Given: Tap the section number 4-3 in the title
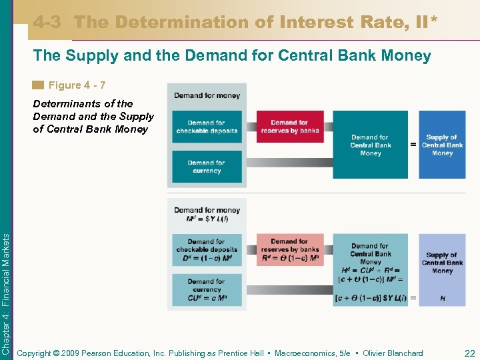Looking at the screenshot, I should click(48, 22).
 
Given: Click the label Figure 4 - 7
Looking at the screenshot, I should click(77, 85).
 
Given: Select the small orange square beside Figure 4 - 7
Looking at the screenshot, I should click(39, 85).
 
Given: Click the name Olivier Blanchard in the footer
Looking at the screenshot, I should click(394, 353).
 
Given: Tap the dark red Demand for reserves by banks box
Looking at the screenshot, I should click(289, 127).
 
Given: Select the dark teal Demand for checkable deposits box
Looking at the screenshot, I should click(207, 127).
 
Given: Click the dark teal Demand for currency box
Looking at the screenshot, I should click(207, 167).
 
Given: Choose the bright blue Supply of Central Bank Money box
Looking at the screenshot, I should click(442, 145).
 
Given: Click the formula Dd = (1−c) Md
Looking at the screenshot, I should click(207, 259).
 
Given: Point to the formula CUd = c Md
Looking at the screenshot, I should click(207, 298).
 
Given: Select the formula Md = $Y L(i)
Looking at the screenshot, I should click(207, 219).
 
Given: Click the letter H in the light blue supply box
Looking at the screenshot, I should click(443, 298).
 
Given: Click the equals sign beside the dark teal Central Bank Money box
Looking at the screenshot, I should click(413, 145).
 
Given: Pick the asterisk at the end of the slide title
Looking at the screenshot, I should click(435, 21).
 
